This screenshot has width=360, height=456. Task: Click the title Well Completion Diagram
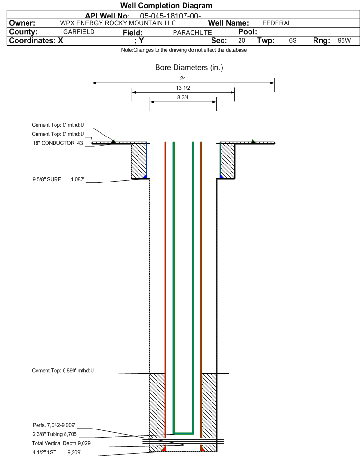(166, 6)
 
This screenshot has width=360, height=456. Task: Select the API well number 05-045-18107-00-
(171, 16)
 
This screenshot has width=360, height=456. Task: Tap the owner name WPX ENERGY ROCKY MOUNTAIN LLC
(118, 23)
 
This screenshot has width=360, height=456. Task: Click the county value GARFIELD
(79, 32)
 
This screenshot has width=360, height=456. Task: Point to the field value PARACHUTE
(192, 32)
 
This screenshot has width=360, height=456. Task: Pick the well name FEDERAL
(277, 23)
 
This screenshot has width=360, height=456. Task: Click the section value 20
(242, 41)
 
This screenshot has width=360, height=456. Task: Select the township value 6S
(293, 41)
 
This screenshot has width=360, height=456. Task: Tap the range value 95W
(344, 41)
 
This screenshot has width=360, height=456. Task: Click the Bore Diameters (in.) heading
(189, 68)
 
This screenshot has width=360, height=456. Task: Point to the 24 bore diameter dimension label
(183, 78)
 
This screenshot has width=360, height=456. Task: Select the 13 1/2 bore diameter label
(183, 88)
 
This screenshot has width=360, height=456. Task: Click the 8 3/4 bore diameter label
(183, 97)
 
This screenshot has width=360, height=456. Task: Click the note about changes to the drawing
(184, 50)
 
